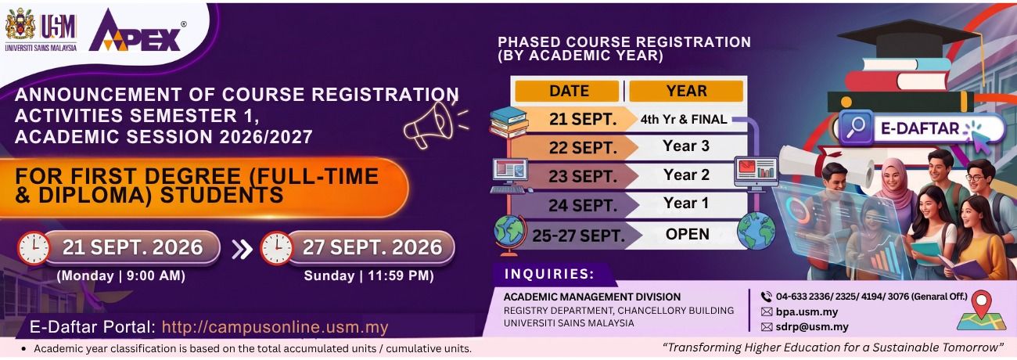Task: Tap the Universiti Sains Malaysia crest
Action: pyautogui.click(x=20, y=25)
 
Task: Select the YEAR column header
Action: pyautogui.click(x=686, y=91)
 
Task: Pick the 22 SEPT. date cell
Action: pyautogui.click(x=583, y=148)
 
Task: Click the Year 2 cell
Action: pyautogui.click(x=686, y=175)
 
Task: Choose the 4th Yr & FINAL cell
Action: pyautogui.click(x=684, y=120)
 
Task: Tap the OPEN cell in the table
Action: pyautogui.click(x=688, y=234)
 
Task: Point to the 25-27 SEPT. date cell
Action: pyautogui.click(x=578, y=236)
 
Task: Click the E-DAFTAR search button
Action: pyautogui.click(x=922, y=128)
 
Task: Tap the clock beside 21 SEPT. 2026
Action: pyautogui.click(x=34, y=248)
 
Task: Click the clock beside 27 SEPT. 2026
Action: pyautogui.click(x=276, y=248)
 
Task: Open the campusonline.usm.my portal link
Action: pyautogui.click(x=275, y=327)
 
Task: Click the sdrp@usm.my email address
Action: pyautogui.click(x=812, y=326)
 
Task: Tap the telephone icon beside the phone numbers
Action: pyautogui.click(x=767, y=297)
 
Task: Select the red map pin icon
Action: pyautogui.click(x=982, y=303)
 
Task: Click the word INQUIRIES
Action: pyautogui.click(x=549, y=274)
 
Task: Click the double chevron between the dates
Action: pyautogui.click(x=242, y=249)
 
